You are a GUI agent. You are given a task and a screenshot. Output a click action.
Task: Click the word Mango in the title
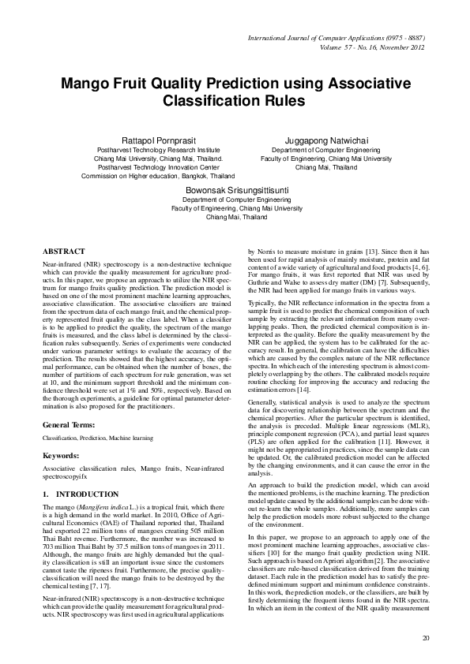(88, 84)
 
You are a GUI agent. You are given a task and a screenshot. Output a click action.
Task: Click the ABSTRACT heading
(64, 249)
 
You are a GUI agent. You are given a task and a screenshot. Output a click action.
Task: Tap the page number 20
(426, 637)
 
